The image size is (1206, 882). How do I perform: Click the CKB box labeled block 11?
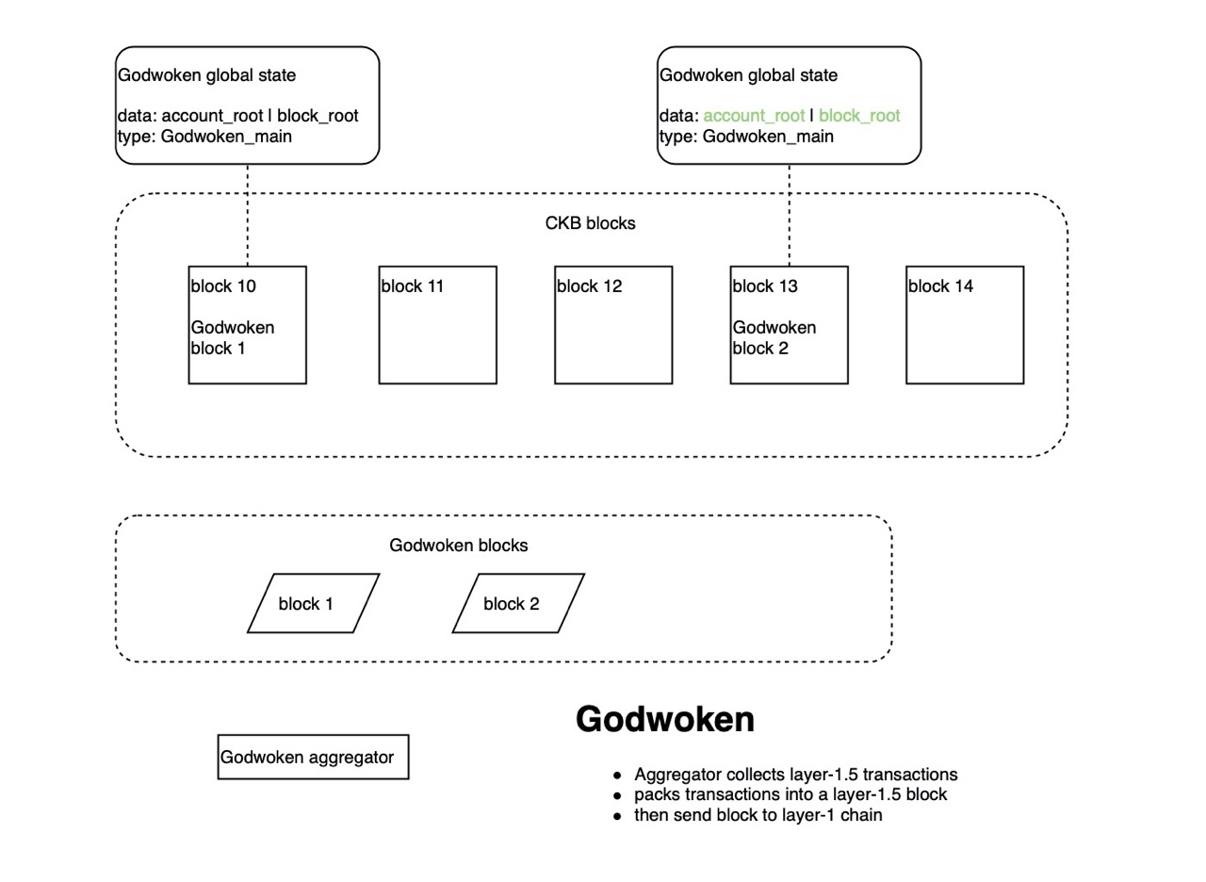coord(437,325)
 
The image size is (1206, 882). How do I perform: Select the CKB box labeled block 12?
coord(613,325)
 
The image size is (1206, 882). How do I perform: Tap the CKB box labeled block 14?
coord(965,325)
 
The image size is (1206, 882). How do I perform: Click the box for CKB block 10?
coord(247,325)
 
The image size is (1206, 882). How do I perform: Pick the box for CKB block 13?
coord(789,325)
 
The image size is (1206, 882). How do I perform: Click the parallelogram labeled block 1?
coord(313,604)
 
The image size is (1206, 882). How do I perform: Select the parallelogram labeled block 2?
coord(518,604)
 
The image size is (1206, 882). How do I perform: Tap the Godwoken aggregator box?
coord(313,758)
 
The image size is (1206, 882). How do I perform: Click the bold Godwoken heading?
coord(664,720)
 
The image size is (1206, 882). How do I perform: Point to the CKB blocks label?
coord(590,224)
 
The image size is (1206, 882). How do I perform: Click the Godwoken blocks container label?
coord(458,546)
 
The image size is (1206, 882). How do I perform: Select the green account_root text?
coord(754,116)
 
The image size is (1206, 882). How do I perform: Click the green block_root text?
coord(859,116)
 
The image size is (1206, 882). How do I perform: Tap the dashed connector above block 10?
coord(248,215)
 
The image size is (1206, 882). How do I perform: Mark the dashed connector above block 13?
coord(790,215)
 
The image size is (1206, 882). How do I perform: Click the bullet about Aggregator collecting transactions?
coord(795,775)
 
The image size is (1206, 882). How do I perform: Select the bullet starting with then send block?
coord(758,815)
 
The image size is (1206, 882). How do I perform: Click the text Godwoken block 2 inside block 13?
coord(774,338)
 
